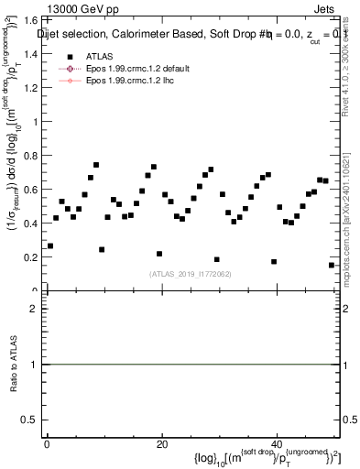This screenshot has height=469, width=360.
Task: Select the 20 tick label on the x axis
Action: (x=161, y=444)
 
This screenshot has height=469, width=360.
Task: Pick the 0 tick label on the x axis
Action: (x=47, y=444)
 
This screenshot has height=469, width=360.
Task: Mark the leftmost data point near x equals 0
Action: (x=50, y=245)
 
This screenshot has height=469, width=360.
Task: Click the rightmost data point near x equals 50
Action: (x=332, y=265)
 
